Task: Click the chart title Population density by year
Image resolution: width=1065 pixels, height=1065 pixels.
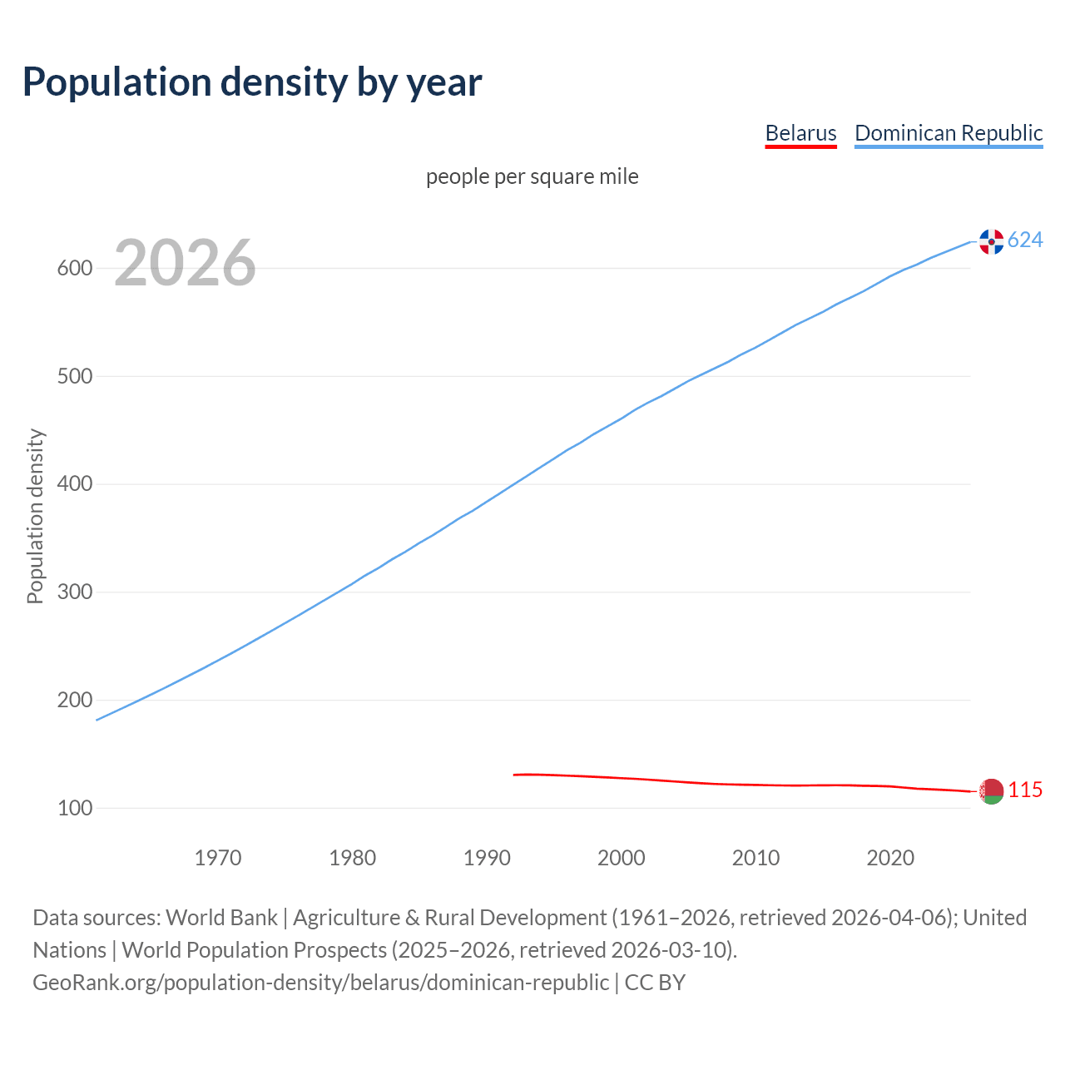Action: (252, 82)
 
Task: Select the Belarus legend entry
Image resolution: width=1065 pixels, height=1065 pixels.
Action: (800, 133)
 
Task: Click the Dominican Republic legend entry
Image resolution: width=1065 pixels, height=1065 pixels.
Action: (949, 133)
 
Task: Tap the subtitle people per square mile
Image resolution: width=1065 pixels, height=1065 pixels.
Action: (532, 177)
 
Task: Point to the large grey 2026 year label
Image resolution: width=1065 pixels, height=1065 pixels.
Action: (185, 263)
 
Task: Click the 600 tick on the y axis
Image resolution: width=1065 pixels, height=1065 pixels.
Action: (74, 269)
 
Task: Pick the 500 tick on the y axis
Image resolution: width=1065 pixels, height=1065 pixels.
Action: (74, 376)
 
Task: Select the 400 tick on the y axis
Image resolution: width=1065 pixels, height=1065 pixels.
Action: (74, 484)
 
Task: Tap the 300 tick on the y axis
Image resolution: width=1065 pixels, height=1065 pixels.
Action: (74, 592)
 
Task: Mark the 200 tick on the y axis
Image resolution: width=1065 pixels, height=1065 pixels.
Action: (74, 700)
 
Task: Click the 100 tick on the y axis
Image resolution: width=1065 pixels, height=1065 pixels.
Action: (74, 808)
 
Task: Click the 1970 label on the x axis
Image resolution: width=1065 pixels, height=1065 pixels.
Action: (218, 858)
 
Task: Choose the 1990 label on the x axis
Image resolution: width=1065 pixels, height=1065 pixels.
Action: (487, 858)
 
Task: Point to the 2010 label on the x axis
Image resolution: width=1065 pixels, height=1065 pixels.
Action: (755, 858)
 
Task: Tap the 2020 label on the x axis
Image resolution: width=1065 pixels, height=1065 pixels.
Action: (890, 858)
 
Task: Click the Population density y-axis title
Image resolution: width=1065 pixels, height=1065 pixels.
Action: (35, 516)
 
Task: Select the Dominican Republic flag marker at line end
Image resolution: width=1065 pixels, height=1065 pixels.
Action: (991, 241)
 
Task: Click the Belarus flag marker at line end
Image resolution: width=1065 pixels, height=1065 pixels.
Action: (991, 791)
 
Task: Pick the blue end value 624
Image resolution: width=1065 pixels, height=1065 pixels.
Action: (1025, 240)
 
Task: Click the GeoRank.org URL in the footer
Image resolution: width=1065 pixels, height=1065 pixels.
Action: (320, 983)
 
